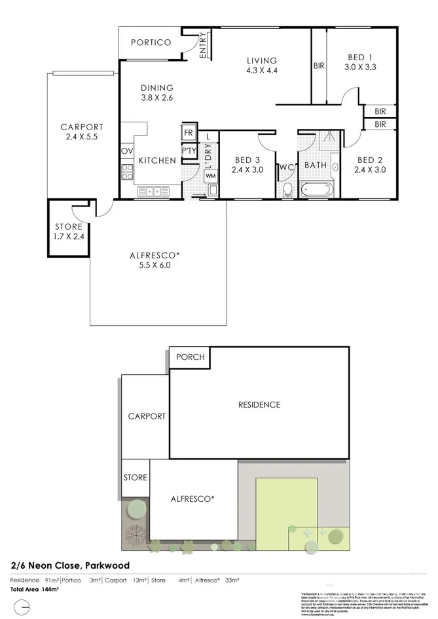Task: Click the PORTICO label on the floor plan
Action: pos(151,43)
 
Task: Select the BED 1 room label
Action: pos(360,61)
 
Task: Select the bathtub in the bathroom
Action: pos(318,190)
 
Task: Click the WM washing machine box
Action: pos(210,176)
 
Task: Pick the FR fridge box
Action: pos(189,132)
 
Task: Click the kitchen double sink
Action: pos(155,191)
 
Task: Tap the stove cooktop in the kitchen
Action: pos(126,174)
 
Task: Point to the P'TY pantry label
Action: pos(189,151)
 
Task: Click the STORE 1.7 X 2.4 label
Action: pos(69,232)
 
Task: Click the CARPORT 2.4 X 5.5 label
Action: pos(82,132)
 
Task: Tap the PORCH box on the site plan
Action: pos(190,357)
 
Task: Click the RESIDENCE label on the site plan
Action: pos(259,404)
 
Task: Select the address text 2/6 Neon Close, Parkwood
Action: pos(69,565)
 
